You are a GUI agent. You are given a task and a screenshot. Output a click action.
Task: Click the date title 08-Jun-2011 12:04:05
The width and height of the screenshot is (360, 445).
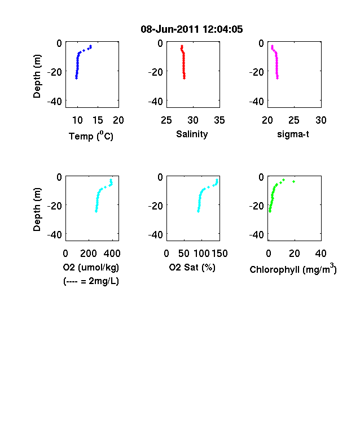click(x=192, y=29)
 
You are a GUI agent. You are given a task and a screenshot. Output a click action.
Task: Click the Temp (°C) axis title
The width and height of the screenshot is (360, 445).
click(x=91, y=136)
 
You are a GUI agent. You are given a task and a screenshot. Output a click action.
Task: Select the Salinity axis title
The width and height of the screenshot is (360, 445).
click(x=192, y=134)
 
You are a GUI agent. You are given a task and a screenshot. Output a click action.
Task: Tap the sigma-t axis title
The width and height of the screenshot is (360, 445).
click(x=293, y=134)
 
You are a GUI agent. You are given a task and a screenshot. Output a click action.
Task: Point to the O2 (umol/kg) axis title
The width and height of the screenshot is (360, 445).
click(x=91, y=268)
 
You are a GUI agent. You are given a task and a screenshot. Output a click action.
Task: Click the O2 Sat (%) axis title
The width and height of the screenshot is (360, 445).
click(x=192, y=267)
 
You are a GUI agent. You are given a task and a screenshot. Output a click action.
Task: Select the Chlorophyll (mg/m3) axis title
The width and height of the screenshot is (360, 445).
click(x=293, y=269)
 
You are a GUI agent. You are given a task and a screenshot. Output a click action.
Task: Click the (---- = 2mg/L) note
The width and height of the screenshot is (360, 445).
click(x=91, y=281)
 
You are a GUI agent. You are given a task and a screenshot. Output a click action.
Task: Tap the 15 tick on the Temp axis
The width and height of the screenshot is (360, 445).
click(x=98, y=120)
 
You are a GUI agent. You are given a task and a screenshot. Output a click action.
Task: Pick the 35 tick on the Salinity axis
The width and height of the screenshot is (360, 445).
click(x=219, y=120)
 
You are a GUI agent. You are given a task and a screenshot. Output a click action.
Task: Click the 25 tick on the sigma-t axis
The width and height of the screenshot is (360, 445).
click(x=294, y=120)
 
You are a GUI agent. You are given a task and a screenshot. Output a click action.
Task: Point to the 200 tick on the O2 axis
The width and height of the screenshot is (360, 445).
click(x=89, y=254)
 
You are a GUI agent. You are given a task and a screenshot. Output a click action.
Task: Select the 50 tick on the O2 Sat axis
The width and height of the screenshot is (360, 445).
click(x=184, y=254)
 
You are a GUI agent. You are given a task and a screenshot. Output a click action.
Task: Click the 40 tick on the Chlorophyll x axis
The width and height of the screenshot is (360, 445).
click(x=321, y=254)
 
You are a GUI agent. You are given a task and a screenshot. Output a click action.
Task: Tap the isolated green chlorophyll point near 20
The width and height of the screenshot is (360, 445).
click(x=293, y=181)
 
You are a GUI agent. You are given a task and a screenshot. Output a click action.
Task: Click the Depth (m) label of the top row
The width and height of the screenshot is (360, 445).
click(x=37, y=76)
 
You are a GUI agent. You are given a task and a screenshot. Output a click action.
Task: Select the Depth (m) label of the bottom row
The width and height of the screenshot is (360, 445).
click(x=37, y=210)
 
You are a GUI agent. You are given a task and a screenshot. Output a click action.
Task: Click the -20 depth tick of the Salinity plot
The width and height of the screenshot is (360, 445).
click(x=155, y=72)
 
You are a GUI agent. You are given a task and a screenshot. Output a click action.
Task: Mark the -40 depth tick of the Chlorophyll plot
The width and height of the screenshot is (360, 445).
click(x=257, y=235)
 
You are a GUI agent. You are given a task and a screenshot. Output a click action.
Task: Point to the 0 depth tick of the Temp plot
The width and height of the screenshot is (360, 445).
click(x=59, y=43)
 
